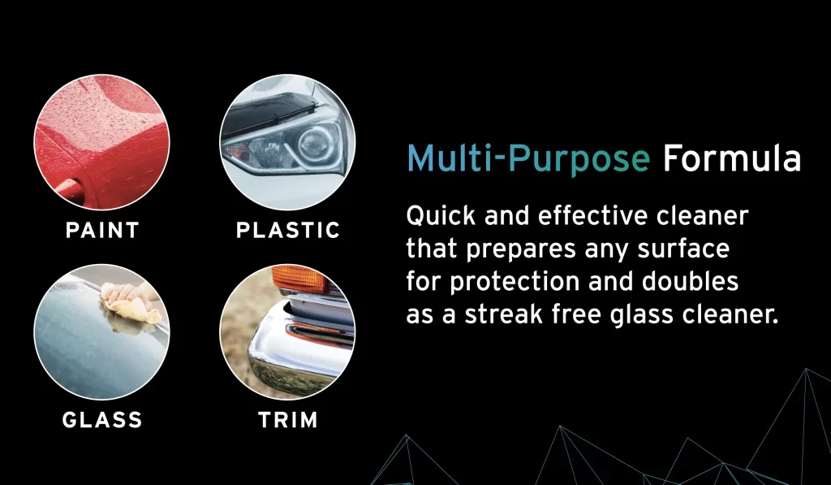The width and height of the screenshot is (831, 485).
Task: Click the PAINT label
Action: pos(102,230)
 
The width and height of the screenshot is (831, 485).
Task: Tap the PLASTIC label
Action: pos(288,230)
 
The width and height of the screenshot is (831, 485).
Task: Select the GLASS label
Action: pos(102,420)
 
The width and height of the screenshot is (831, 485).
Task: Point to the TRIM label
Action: pos(288,420)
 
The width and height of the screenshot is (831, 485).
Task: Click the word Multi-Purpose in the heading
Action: pos(528,159)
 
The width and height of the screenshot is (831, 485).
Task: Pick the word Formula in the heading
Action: pos(732,158)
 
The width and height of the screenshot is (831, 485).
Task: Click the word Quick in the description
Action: pos(441,216)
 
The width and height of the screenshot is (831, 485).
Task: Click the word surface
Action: pos(683,249)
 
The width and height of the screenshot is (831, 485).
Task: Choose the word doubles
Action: pos(690,281)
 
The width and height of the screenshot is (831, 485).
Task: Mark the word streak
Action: pos(503,314)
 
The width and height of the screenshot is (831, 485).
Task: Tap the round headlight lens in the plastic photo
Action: pos(316,145)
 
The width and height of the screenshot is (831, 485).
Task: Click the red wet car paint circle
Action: pos(101,142)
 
